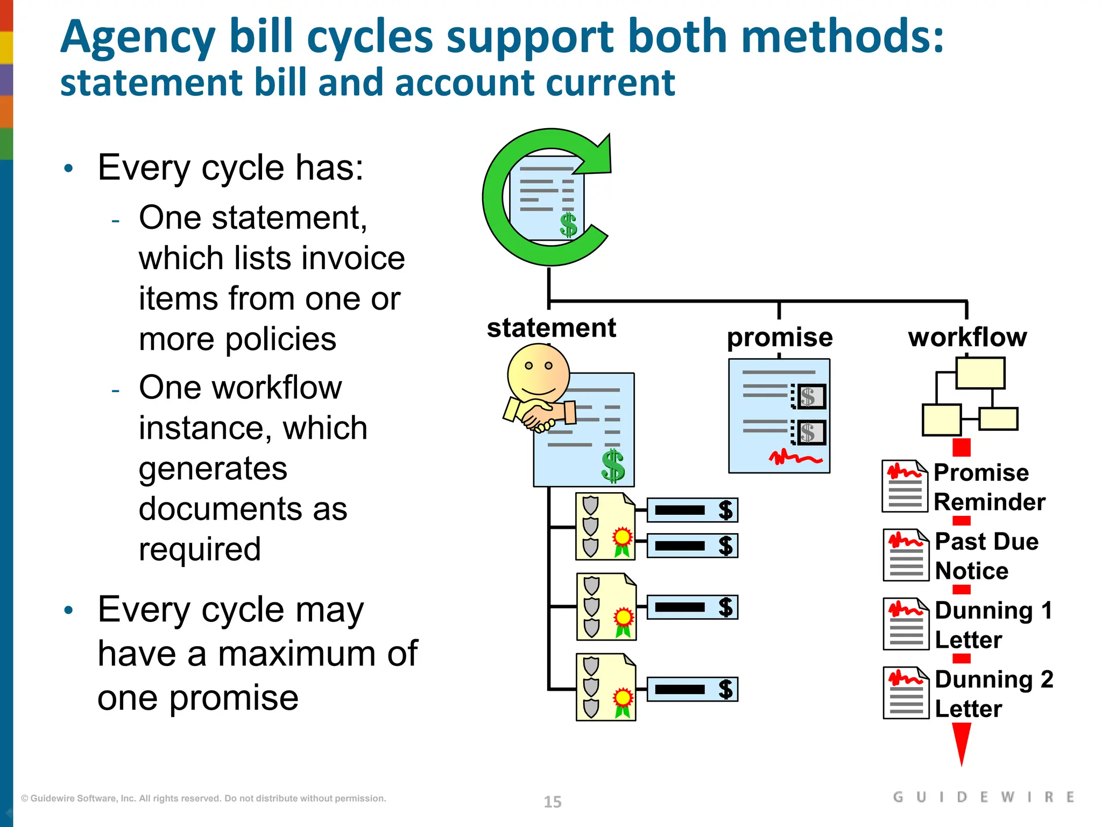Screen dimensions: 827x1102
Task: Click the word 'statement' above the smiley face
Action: click(551, 328)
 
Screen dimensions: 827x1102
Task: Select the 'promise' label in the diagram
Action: click(779, 338)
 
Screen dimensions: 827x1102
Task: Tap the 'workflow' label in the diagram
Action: click(967, 338)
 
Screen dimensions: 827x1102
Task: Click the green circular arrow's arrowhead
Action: click(598, 157)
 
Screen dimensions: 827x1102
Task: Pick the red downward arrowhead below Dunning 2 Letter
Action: click(961, 742)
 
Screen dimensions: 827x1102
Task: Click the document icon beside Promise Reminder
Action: click(905, 486)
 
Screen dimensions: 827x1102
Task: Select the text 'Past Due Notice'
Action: click(986, 556)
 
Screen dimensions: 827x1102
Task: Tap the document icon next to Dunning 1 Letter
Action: click(906, 624)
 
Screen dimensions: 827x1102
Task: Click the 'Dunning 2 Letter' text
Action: click(993, 693)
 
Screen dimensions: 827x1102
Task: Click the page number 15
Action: click(552, 802)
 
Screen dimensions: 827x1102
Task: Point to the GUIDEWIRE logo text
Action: click(983, 797)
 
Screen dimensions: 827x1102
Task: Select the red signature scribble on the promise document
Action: click(795, 458)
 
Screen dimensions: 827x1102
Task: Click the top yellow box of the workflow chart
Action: click(980, 373)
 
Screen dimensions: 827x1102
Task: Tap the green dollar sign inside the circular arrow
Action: click(568, 225)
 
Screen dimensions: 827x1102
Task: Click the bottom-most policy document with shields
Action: click(606, 687)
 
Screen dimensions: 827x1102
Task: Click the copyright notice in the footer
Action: click(203, 798)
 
